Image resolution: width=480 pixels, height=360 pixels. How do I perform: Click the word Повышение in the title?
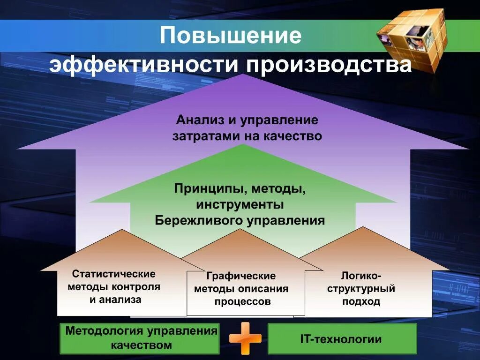(231, 36)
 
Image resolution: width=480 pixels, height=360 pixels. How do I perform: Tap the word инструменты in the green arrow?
(240, 205)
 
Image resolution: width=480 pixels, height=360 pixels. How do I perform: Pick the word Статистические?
(113, 274)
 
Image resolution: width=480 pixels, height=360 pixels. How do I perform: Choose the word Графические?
(241, 276)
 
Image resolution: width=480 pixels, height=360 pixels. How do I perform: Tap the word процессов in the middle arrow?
(243, 301)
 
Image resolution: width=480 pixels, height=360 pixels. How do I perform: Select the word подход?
(361, 301)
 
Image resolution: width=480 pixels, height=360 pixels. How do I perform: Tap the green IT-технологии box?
(342, 339)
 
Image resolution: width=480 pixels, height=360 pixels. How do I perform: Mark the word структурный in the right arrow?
(361, 288)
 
